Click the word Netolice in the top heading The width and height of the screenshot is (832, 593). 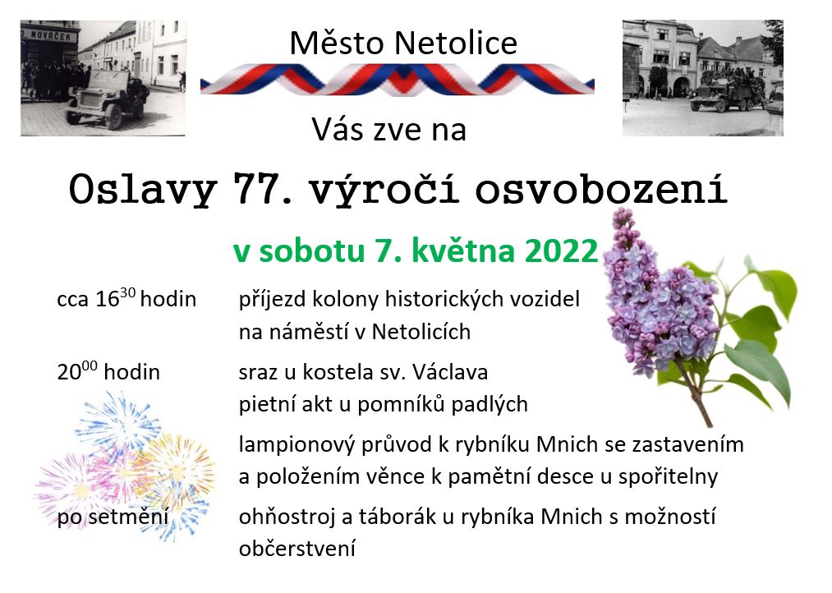pos(456,43)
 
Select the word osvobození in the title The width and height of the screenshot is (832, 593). pos(600,188)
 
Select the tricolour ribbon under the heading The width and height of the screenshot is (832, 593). pos(397,80)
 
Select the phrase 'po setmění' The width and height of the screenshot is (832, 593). pos(113,517)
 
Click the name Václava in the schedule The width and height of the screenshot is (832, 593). pos(450,372)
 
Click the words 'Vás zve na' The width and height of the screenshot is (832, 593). pos(389,130)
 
